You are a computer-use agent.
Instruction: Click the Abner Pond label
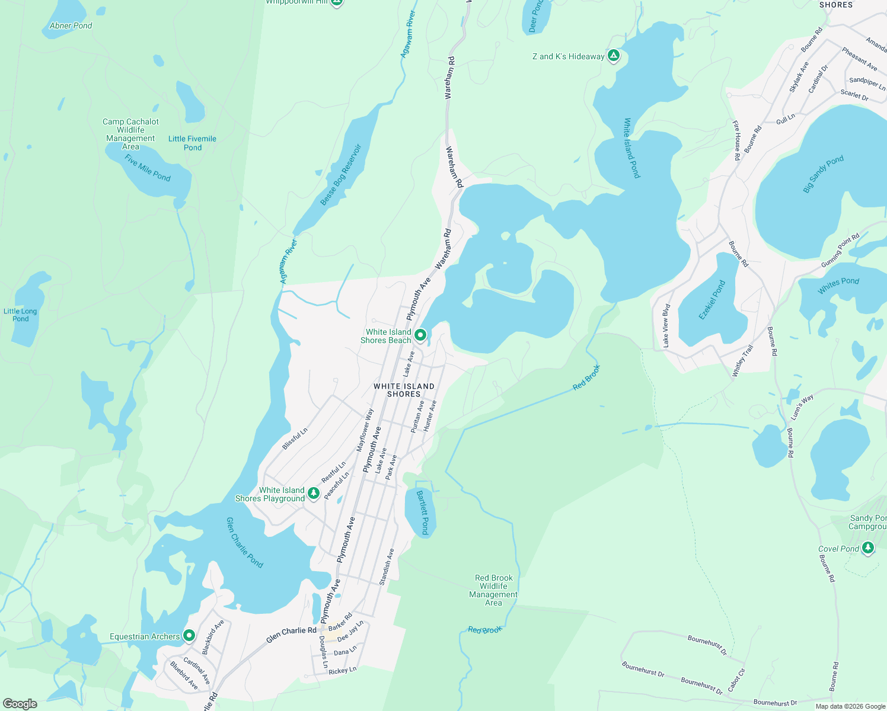pos(71,25)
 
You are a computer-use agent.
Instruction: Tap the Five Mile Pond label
pos(148,168)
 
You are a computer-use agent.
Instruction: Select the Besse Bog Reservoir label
pos(341,175)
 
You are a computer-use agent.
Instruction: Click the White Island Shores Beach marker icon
pos(420,335)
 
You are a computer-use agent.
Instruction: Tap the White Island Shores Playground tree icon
pos(314,494)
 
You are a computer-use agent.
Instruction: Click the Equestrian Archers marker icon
pos(189,636)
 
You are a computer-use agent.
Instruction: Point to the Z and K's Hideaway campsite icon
pos(614,56)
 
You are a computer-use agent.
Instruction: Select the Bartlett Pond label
pos(422,513)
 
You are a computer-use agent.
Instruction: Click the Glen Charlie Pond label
pos(245,542)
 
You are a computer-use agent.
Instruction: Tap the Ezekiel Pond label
pos(712,300)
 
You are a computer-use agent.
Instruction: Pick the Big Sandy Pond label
pos(823,174)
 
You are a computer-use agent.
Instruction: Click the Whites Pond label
pos(838,285)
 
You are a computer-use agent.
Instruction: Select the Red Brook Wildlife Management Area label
pos(493,590)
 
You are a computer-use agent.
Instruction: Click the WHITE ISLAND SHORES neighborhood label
pos(404,390)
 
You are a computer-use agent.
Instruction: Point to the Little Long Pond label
pos(20,315)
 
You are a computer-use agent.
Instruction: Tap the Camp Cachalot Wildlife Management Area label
pos(130,134)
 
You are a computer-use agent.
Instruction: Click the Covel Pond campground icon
pos(868,548)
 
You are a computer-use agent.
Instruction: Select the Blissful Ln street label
pos(295,439)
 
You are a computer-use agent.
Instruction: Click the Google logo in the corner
pos(20,704)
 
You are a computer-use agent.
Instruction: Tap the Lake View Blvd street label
pos(666,325)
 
